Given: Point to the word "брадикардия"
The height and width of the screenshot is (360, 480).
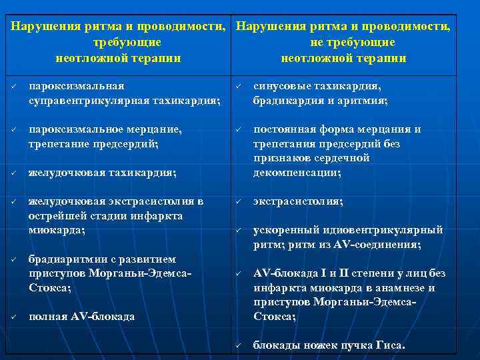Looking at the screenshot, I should pyautogui.click(x=286, y=101).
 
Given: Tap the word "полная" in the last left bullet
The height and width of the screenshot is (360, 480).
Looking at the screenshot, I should pyautogui.click(x=46, y=317).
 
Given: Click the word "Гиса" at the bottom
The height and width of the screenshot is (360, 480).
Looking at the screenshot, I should pyautogui.click(x=390, y=345).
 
